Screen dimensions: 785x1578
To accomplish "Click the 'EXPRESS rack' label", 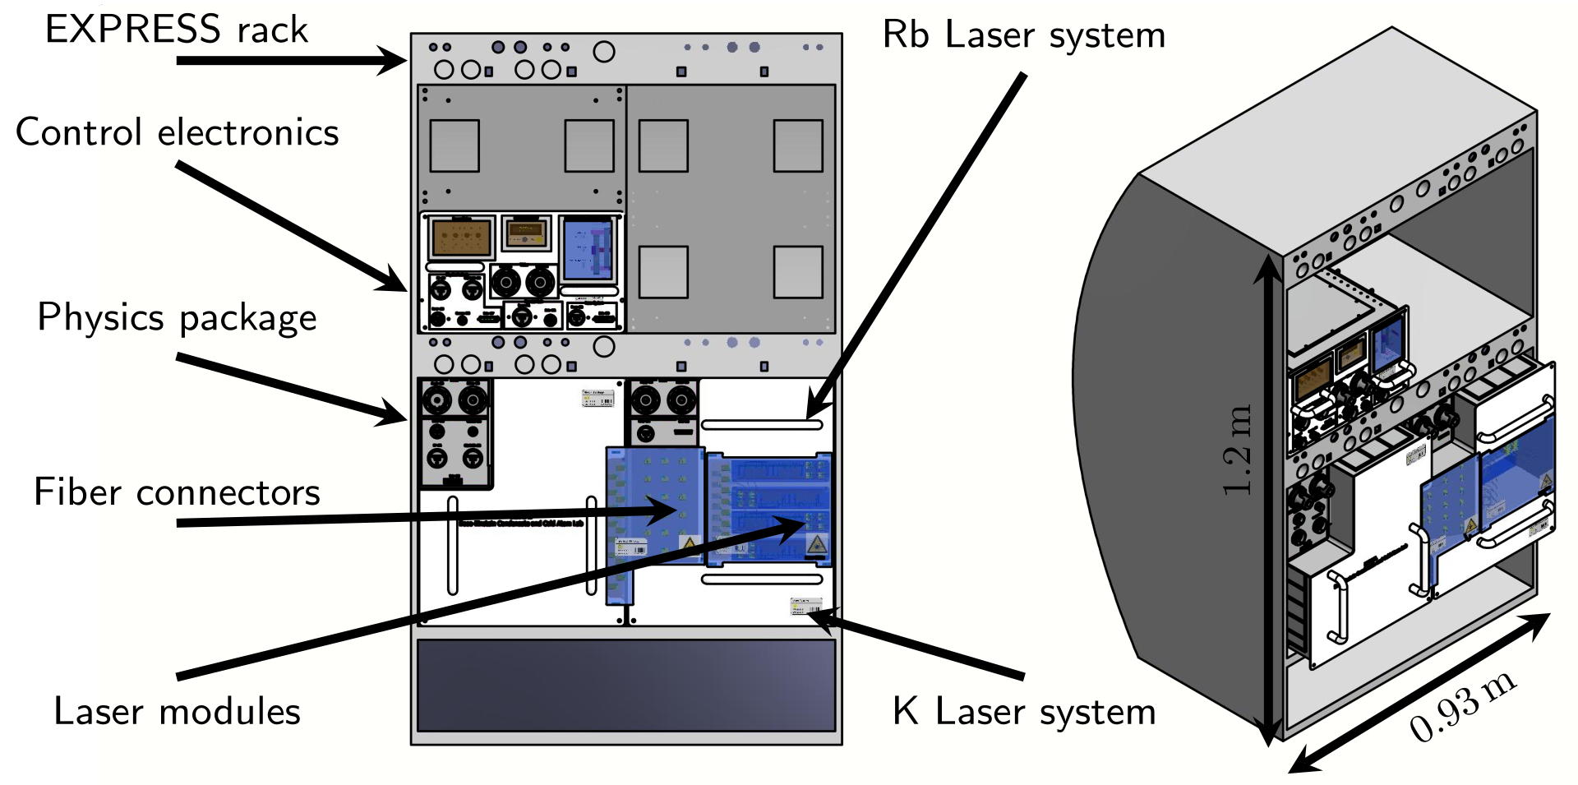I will (x=176, y=30).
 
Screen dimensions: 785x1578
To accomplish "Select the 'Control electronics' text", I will (x=177, y=132).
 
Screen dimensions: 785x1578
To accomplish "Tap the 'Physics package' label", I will (x=177, y=317).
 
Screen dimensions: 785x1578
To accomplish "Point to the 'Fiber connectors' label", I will (x=177, y=492).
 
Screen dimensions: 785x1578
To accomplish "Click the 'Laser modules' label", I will (x=177, y=711).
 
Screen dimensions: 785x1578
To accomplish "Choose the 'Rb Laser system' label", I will (x=1023, y=35).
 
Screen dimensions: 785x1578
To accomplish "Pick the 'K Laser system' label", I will (x=1023, y=711).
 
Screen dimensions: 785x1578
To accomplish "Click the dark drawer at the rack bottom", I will (x=626, y=685).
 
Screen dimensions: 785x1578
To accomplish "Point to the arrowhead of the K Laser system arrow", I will (x=822, y=616).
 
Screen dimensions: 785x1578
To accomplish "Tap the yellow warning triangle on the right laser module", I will (x=816, y=543).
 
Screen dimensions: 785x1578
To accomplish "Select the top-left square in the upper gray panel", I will (x=454, y=145).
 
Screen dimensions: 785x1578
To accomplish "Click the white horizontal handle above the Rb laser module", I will (x=761, y=425).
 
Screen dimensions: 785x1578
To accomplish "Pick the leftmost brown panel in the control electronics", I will (x=461, y=238).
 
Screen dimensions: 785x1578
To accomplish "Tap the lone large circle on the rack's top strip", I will (x=604, y=52).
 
